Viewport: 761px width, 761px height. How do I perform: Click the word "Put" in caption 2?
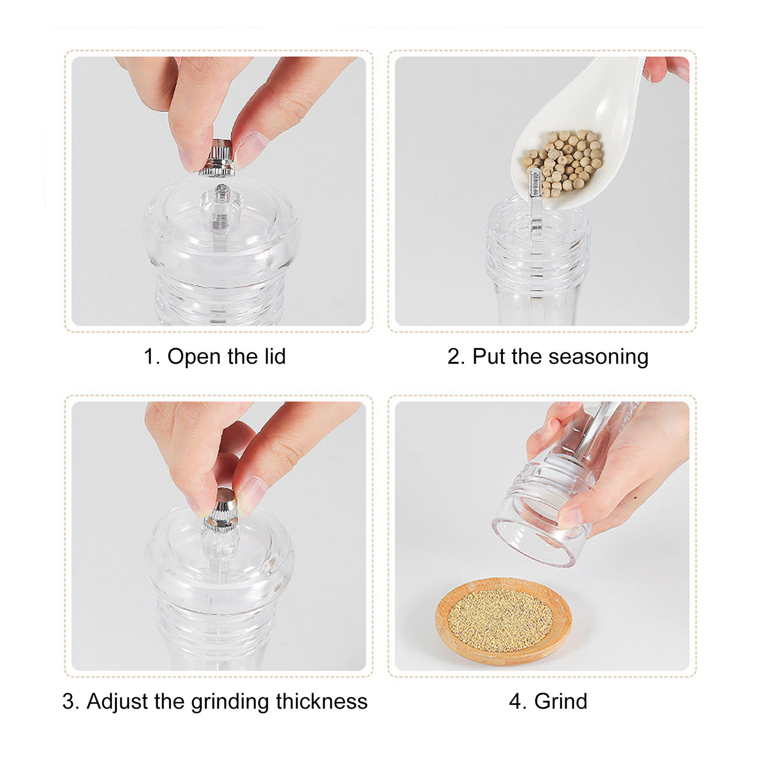[489, 356]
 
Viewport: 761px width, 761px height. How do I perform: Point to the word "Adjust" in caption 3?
[117, 702]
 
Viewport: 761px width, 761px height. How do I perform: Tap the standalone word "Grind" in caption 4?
[561, 702]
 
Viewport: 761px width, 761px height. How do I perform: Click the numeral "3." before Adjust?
[71, 702]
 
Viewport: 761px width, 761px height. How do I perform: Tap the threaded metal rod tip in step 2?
[536, 183]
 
